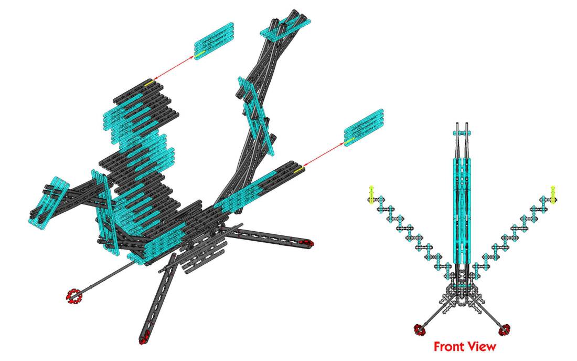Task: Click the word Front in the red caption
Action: click(450, 347)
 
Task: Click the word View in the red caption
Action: click(482, 347)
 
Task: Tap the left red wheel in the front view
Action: click(419, 329)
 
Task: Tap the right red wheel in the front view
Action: click(505, 329)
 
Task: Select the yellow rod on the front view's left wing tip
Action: click(371, 194)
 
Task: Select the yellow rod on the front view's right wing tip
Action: click(552, 194)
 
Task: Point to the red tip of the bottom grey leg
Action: click(144, 337)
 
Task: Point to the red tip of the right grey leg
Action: click(306, 242)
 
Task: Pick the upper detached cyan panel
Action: click(214, 41)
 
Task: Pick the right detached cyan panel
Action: click(364, 128)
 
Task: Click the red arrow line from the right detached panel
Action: click(324, 154)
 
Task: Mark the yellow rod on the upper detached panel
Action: click(200, 54)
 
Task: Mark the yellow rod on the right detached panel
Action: click(350, 141)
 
